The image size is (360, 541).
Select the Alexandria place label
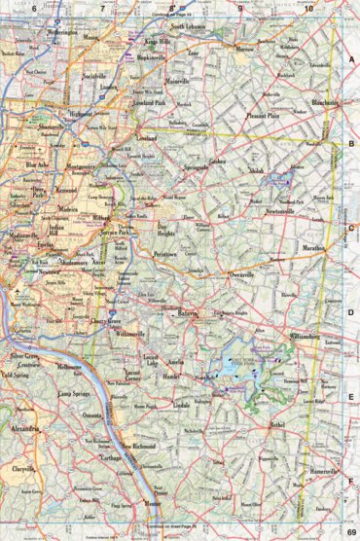[x=24, y=426]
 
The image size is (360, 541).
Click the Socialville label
[x=93, y=75]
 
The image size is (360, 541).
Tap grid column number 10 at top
[x=308, y=8]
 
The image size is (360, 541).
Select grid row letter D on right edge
[x=351, y=312]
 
